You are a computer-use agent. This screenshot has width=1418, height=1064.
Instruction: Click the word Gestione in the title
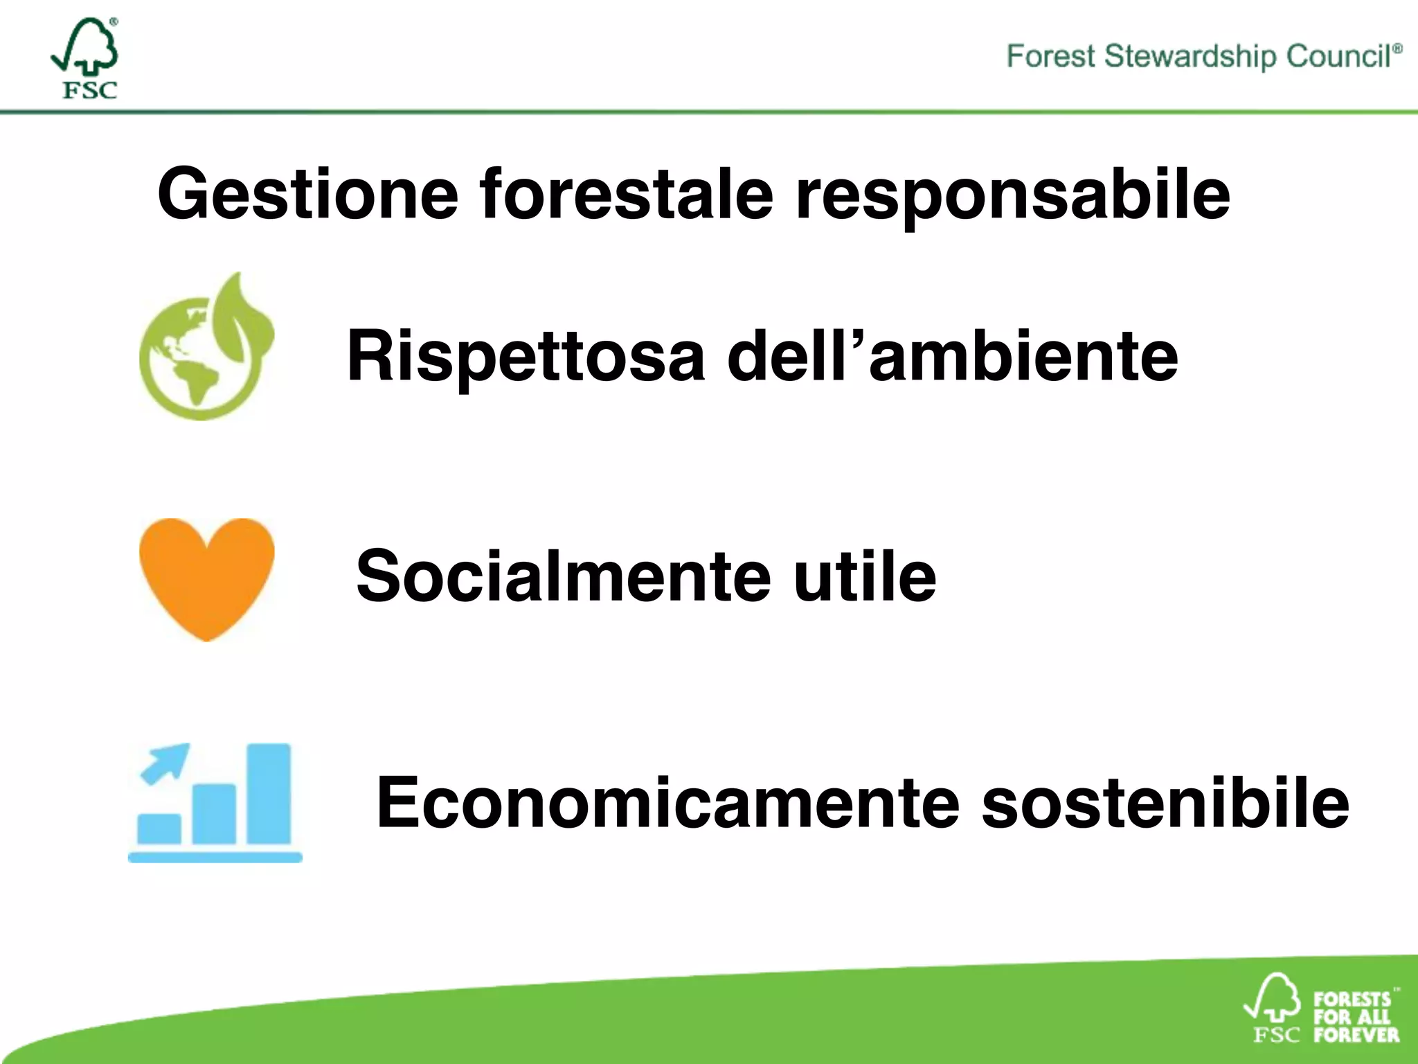tap(307, 195)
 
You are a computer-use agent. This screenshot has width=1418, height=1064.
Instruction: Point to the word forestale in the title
tap(626, 195)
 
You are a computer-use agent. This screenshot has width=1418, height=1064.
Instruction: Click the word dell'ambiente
tap(952, 356)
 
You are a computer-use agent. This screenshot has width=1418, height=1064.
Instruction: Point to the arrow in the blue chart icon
tap(165, 762)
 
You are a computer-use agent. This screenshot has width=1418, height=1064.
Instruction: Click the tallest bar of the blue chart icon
tap(269, 794)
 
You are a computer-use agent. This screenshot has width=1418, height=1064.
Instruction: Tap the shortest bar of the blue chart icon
tap(159, 828)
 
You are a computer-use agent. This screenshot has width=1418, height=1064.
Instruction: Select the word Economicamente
tap(667, 802)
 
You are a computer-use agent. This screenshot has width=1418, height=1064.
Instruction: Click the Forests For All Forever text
tap(1355, 1017)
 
